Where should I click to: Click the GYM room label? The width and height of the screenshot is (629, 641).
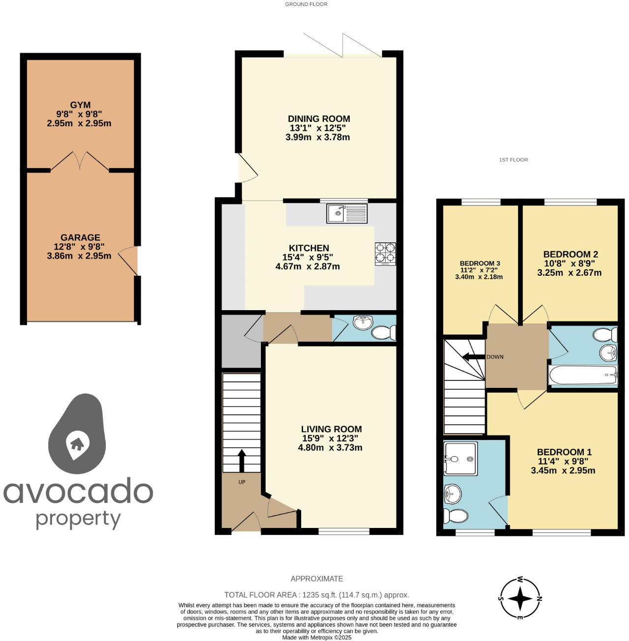click(80, 105)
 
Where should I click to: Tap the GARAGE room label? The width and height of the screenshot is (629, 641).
click(80, 237)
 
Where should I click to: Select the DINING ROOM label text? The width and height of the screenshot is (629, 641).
click(319, 119)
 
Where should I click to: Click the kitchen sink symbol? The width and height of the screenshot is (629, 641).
click(346, 213)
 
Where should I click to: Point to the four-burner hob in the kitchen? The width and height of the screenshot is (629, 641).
click(385, 253)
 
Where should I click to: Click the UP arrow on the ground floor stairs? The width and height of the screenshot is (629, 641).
click(241, 460)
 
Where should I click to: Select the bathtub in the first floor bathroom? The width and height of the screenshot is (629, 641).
click(583, 376)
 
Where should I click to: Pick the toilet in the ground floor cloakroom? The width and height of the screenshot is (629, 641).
click(383, 333)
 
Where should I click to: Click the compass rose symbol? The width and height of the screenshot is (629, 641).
click(520, 598)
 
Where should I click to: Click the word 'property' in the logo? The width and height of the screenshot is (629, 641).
click(79, 520)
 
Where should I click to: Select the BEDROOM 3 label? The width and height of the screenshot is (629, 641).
click(480, 263)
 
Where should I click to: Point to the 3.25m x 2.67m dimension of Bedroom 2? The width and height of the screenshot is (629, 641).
click(569, 273)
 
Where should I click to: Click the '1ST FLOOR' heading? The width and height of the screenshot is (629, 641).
click(513, 160)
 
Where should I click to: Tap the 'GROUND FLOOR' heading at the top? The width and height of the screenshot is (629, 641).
click(306, 4)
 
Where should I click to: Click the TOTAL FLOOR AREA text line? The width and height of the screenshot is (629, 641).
click(316, 595)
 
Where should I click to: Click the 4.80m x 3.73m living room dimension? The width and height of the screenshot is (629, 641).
click(330, 448)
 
